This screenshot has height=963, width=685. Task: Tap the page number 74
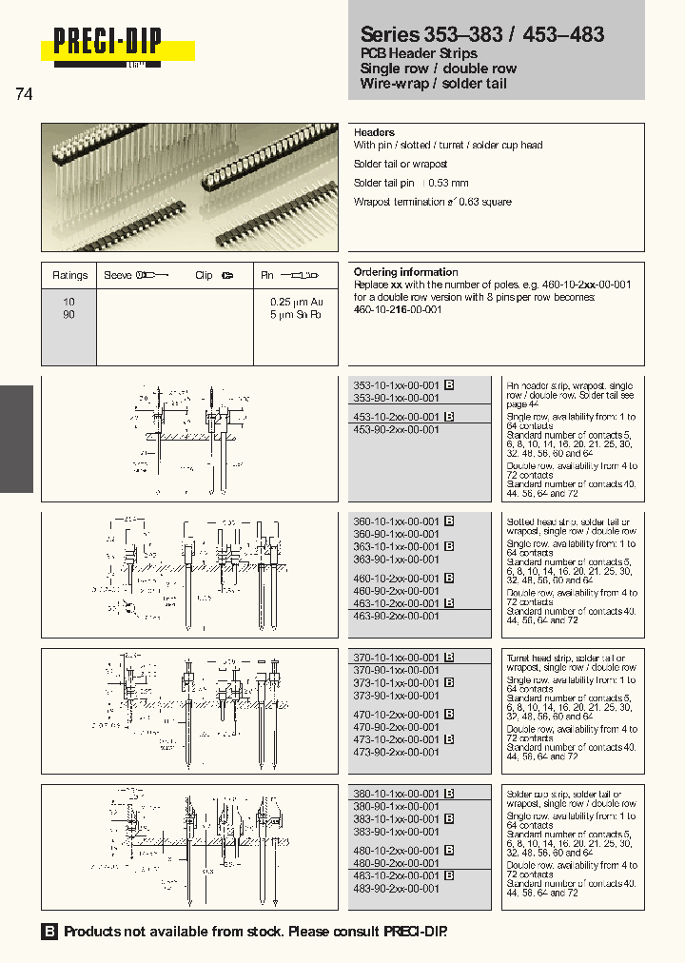click(25, 94)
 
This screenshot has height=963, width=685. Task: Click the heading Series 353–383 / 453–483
click(481, 34)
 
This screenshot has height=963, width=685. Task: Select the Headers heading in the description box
click(374, 132)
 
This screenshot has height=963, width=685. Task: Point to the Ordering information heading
click(405, 272)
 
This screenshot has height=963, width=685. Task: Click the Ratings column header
click(69, 275)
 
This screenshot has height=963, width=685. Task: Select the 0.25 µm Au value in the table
click(295, 301)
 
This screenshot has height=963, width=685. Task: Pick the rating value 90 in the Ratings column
click(68, 314)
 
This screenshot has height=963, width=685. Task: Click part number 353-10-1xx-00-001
click(396, 385)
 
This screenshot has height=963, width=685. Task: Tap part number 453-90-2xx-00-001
click(396, 429)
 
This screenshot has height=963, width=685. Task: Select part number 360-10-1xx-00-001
click(396, 521)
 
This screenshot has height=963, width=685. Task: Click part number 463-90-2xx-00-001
click(396, 616)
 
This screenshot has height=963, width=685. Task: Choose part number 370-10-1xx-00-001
click(396, 658)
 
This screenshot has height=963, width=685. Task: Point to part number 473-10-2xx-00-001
click(396, 739)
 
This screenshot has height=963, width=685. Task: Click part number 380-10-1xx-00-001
click(396, 794)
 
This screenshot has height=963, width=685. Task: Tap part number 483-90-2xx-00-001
click(396, 888)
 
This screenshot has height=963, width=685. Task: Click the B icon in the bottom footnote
click(49, 932)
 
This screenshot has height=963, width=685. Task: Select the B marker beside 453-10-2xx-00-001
click(449, 417)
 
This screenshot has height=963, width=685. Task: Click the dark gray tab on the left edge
click(16, 439)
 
